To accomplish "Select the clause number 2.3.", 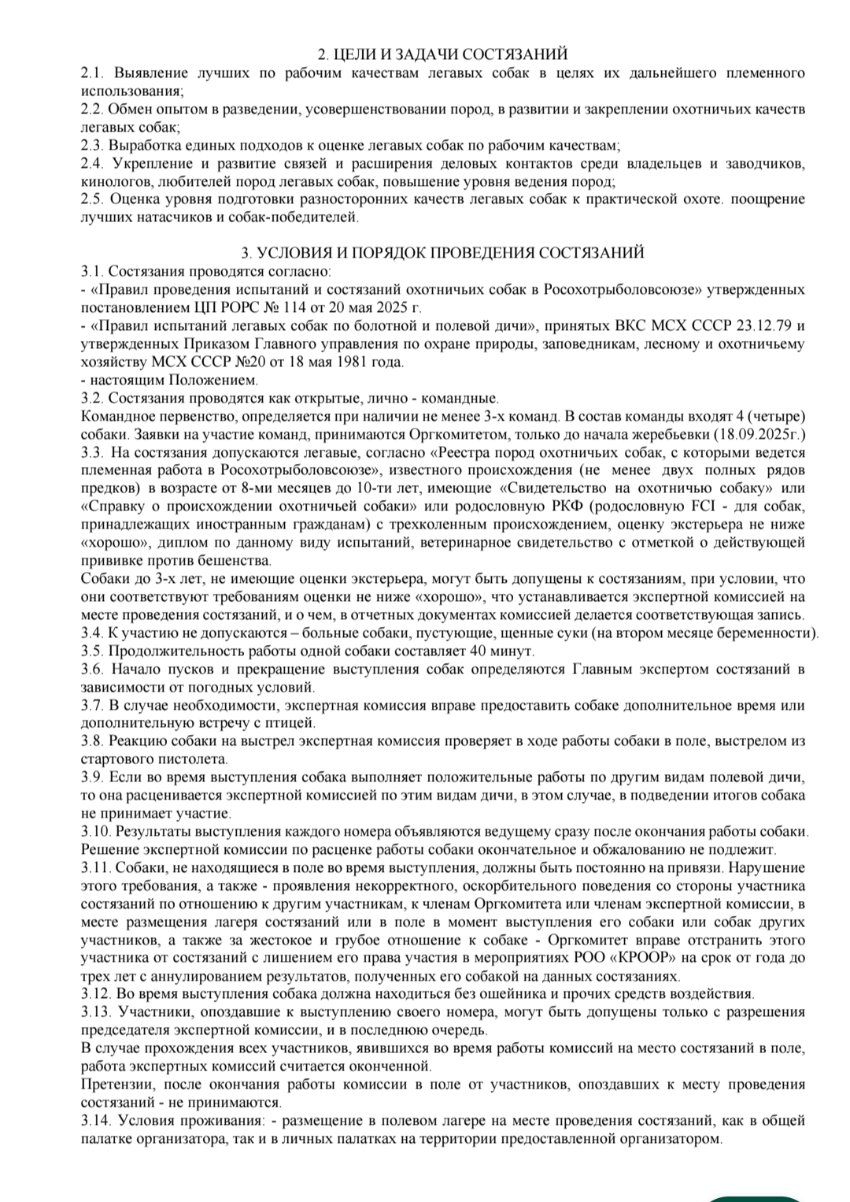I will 92,146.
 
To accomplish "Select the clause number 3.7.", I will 92,706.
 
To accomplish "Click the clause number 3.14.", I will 95,1121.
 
